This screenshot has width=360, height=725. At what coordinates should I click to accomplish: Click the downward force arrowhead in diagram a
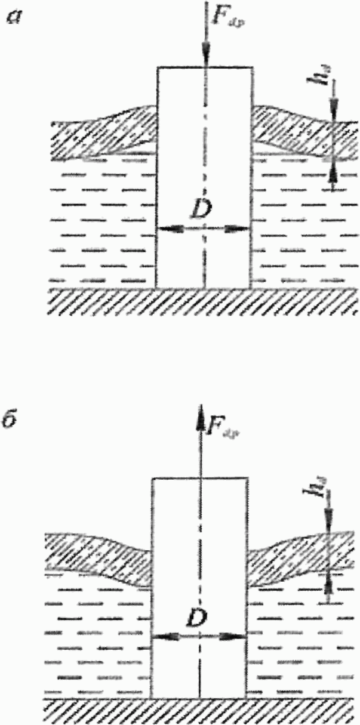click(x=205, y=60)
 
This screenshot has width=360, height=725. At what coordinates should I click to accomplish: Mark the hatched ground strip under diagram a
click(x=203, y=301)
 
